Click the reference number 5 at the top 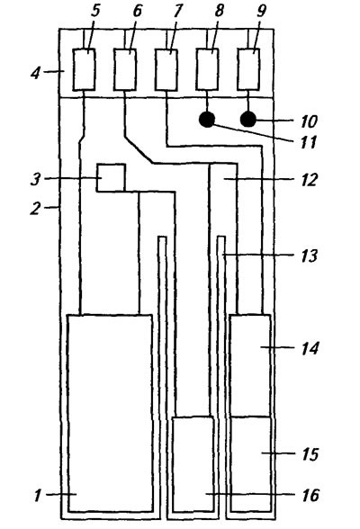tap(95, 11)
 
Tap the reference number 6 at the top tap(137, 11)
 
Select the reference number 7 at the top tap(178, 11)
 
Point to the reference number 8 tap(219, 11)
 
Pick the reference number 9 tap(261, 11)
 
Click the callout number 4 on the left tap(35, 73)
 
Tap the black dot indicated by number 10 tap(248, 120)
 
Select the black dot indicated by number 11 tap(207, 120)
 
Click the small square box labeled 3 tap(111, 178)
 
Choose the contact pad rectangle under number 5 tap(84, 69)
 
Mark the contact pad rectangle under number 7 tap(166, 70)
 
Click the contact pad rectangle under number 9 tap(248, 69)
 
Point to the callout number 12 tap(309, 180)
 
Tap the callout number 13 tap(309, 256)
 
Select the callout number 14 tap(310, 348)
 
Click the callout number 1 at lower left tap(38, 496)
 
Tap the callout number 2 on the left tap(35, 209)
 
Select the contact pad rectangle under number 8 tap(207, 69)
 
